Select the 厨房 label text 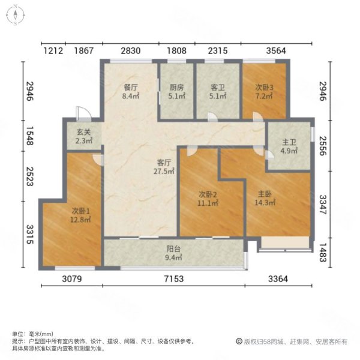coord(176,87)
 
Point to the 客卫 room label coord(217,87)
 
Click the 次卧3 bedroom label coord(264,87)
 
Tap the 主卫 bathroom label coord(290,142)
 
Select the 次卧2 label coord(208,194)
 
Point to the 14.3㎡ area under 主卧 coord(266,203)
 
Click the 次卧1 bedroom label coord(81,211)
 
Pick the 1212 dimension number coord(53,50)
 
